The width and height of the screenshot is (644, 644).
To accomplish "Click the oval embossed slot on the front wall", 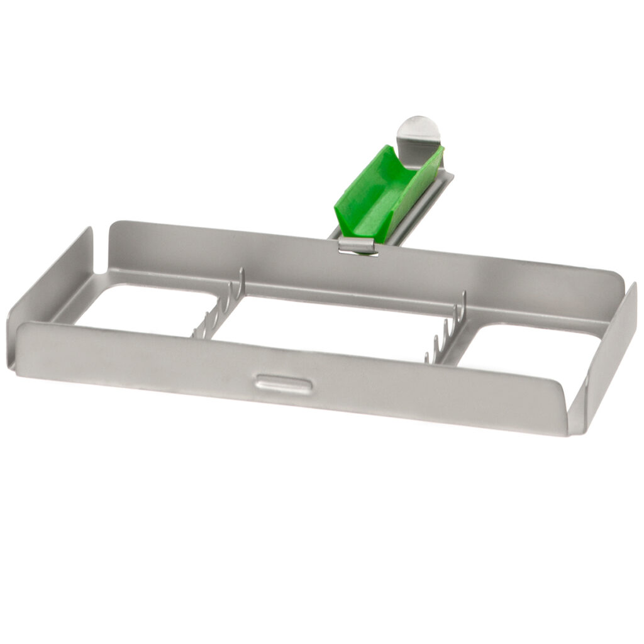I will coord(282,382).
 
